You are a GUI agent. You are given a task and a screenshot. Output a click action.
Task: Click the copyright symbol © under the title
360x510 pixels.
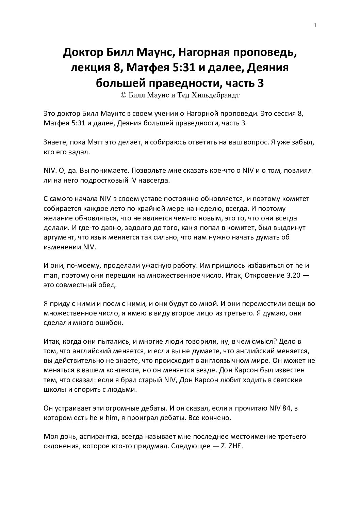pos(124,95)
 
